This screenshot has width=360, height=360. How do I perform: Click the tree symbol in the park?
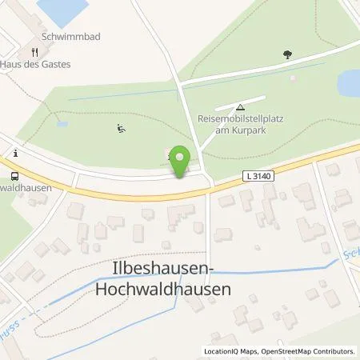[287, 55]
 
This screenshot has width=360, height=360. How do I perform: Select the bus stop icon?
[14, 176]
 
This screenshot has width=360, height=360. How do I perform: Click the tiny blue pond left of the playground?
[62, 125]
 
